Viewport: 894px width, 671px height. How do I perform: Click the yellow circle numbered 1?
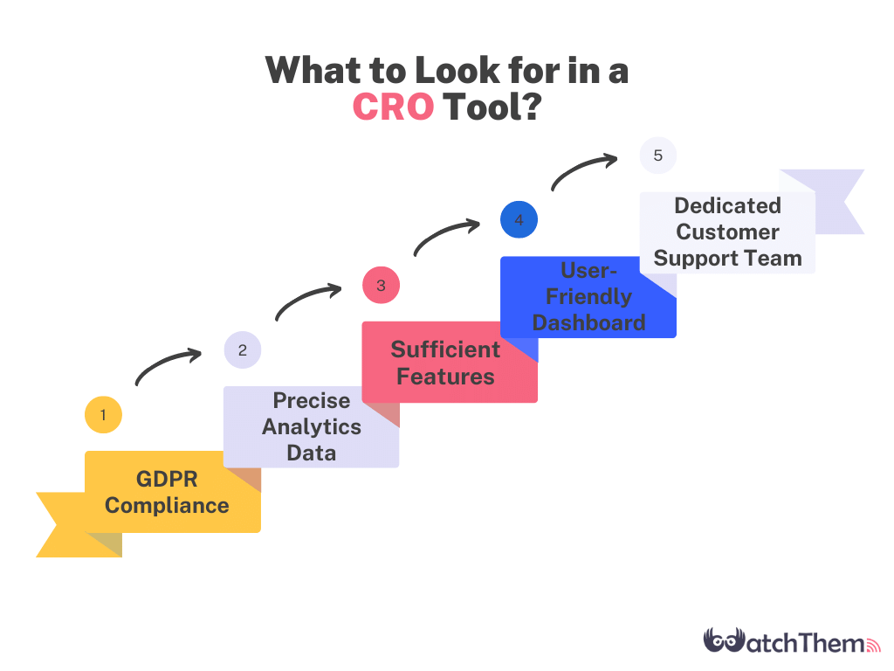(103, 415)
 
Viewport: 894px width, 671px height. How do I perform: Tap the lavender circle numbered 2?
(243, 349)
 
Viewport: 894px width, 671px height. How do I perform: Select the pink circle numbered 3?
(381, 286)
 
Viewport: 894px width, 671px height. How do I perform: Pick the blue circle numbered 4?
(519, 219)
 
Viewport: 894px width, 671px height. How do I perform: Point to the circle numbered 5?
(658, 156)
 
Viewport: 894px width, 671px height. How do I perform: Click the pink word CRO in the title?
(394, 107)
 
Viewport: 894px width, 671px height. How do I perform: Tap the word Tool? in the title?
(492, 107)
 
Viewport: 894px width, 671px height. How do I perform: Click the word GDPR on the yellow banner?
(167, 480)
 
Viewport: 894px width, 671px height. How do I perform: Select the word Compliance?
(167, 506)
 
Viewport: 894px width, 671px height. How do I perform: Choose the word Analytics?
(312, 426)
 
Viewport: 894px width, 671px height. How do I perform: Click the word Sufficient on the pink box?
(445, 349)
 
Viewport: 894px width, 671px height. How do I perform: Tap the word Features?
(445, 377)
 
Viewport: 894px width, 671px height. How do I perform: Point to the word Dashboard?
(589, 323)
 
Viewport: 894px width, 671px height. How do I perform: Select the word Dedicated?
(727, 205)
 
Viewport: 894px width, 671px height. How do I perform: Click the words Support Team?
(727, 259)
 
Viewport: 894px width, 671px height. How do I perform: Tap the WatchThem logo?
(792, 640)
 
